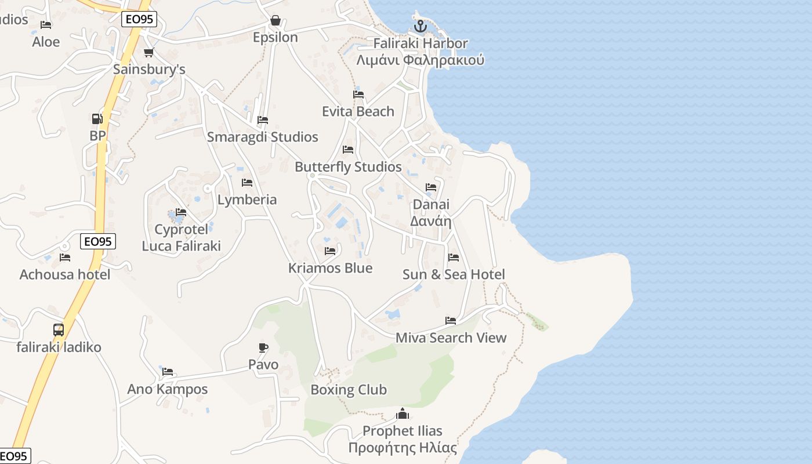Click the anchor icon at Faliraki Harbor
point(420,26)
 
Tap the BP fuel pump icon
point(97,119)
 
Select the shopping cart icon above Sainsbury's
point(148,53)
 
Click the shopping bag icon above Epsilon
point(275,21)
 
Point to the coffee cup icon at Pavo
point(263,348)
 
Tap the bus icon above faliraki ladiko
point(59,330)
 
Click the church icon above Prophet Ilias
point(403,414)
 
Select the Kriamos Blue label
point(330,268)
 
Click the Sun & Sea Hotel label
point(454,274)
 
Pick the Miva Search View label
point(451,338)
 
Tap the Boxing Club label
point(349,390)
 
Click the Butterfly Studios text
point(348,167)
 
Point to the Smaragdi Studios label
point(263,137)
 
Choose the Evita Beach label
point(358,111)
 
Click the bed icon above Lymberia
point(247,183)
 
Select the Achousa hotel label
point(65,274)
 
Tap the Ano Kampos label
point(168,389)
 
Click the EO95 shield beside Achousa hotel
point(97,241)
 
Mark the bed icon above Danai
point(431,187)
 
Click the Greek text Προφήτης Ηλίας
point(403,448)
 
